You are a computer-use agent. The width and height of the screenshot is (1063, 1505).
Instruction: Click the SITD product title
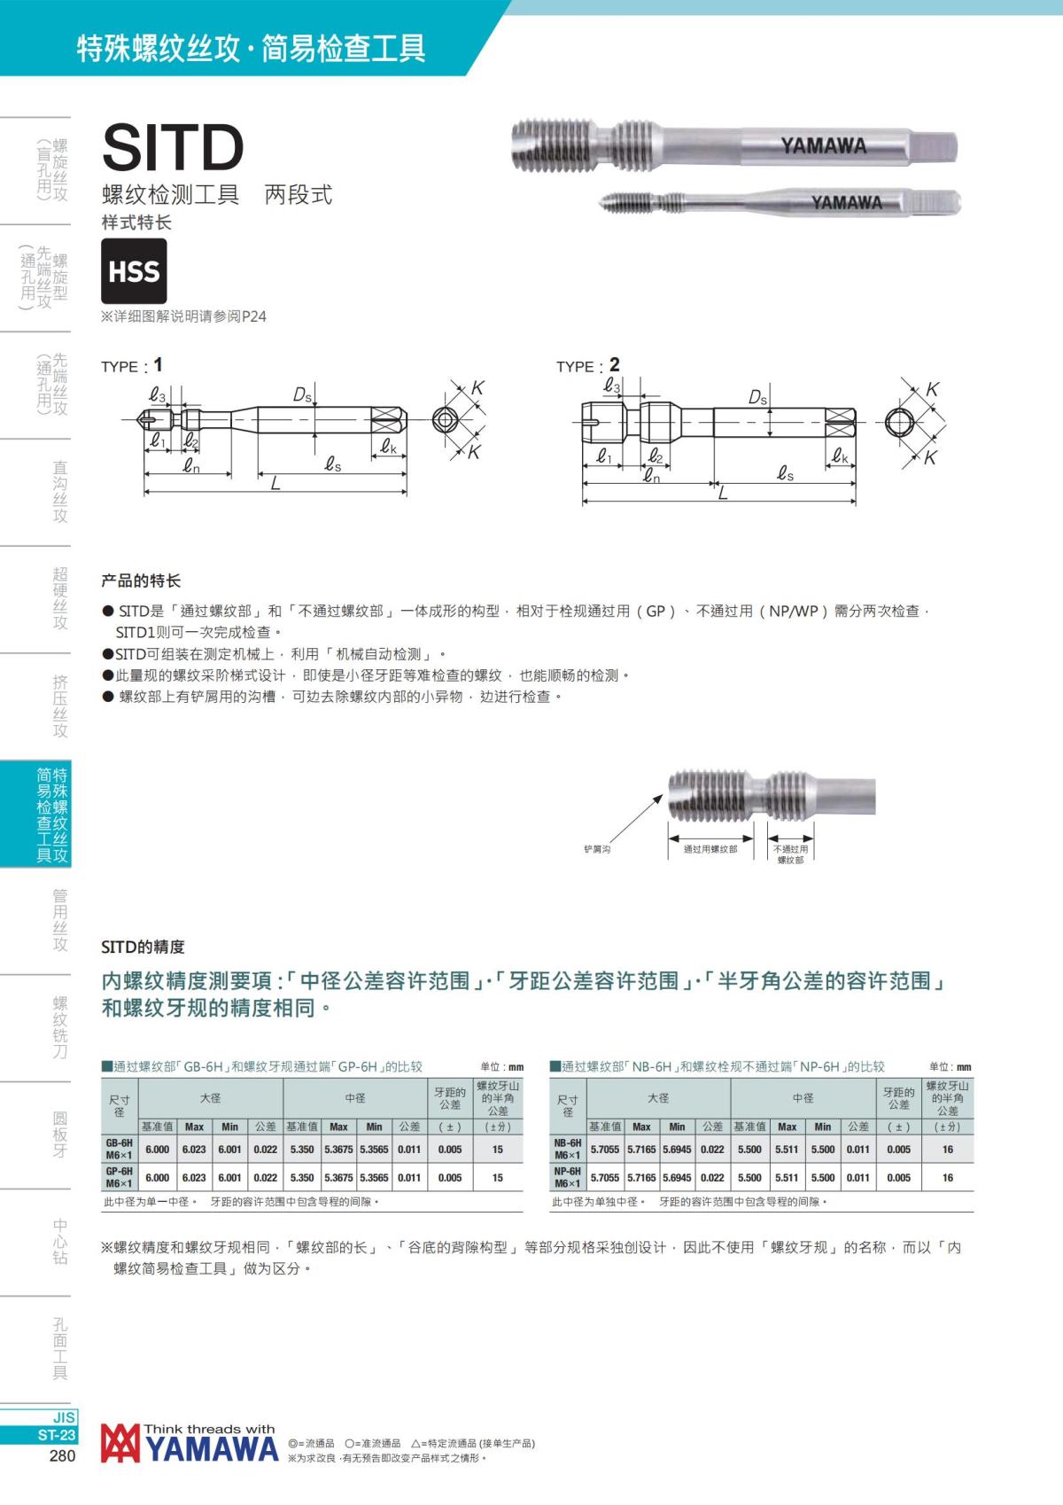tap(174, 147)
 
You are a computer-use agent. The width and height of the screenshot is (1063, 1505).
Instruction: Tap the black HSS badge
tap(134, 271)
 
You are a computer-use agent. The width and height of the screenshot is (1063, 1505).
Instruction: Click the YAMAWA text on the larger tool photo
tap(823, 145)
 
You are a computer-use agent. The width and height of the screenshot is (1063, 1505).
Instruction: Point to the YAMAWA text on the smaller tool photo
tap(846, 203)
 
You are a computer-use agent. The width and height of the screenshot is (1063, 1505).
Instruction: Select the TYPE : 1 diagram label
tap(132, 365)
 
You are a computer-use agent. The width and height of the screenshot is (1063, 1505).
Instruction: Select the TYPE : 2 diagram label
tap(587, 365)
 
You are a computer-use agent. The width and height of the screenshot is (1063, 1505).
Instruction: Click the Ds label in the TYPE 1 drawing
tap(302, 395)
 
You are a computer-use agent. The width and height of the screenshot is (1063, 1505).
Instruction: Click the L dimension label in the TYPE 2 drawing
tap(723, 494)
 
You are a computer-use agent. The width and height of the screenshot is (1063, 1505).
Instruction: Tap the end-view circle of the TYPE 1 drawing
tap(445, 420)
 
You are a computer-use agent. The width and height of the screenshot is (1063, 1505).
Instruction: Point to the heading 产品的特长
tap(141, 581)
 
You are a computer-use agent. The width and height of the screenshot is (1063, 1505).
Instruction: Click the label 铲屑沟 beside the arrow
tap(596, 849)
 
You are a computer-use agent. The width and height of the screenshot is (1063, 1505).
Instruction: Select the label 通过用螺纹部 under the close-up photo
tap(710, 849)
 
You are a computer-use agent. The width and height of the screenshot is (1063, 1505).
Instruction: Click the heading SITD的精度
tap(143, 947)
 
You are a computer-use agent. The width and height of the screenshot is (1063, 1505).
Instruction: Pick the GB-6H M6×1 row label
tap(119, 1150)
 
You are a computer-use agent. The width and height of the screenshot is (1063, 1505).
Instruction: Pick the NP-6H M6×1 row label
tap(567, 1177)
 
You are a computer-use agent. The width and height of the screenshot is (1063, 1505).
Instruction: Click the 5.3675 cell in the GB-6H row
tap(338, 1150)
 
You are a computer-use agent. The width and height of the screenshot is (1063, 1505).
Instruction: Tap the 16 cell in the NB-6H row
tap(947, 1150)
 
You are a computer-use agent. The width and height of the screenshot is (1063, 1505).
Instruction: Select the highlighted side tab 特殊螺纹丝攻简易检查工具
tap(51, 815)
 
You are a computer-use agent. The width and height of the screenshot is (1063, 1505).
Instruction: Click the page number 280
tap(61, 1455)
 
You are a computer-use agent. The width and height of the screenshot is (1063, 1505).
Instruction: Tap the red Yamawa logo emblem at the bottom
tap(120, 1443)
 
